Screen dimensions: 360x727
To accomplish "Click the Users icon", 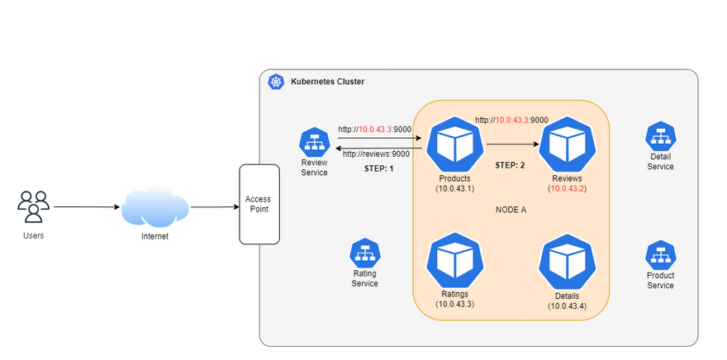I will click(x=34, y=206).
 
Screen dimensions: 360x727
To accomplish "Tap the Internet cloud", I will click(x=154, y=206).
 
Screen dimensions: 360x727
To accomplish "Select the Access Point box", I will click(x=258, y=204).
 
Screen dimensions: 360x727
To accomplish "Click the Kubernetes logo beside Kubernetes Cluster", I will click(x=276, y=82).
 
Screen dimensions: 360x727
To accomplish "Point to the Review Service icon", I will click(x=314, y=142).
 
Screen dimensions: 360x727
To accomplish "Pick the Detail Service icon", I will click(x=660, y=136).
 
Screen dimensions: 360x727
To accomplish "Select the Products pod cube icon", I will click(x=454, y=144).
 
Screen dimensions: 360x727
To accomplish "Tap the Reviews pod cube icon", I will click(x=567, y=144).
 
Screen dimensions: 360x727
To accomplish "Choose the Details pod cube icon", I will click(x=567, y=262).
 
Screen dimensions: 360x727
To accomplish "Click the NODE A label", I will click(x=511, y=210).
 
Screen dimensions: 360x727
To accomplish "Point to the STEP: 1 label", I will click(x=379, y=168).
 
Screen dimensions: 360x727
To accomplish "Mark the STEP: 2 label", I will click(x=510, y=165).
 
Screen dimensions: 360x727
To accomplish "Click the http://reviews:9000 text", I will click(x=376, y=154).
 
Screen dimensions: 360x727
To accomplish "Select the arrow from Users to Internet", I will click(x=86, y=207).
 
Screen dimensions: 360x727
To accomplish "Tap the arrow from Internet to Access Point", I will click(x=214, y=207).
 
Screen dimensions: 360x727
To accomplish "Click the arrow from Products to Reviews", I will click(x=513, y=144).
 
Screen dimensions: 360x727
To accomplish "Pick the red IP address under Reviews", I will click(x=567, y=189).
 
